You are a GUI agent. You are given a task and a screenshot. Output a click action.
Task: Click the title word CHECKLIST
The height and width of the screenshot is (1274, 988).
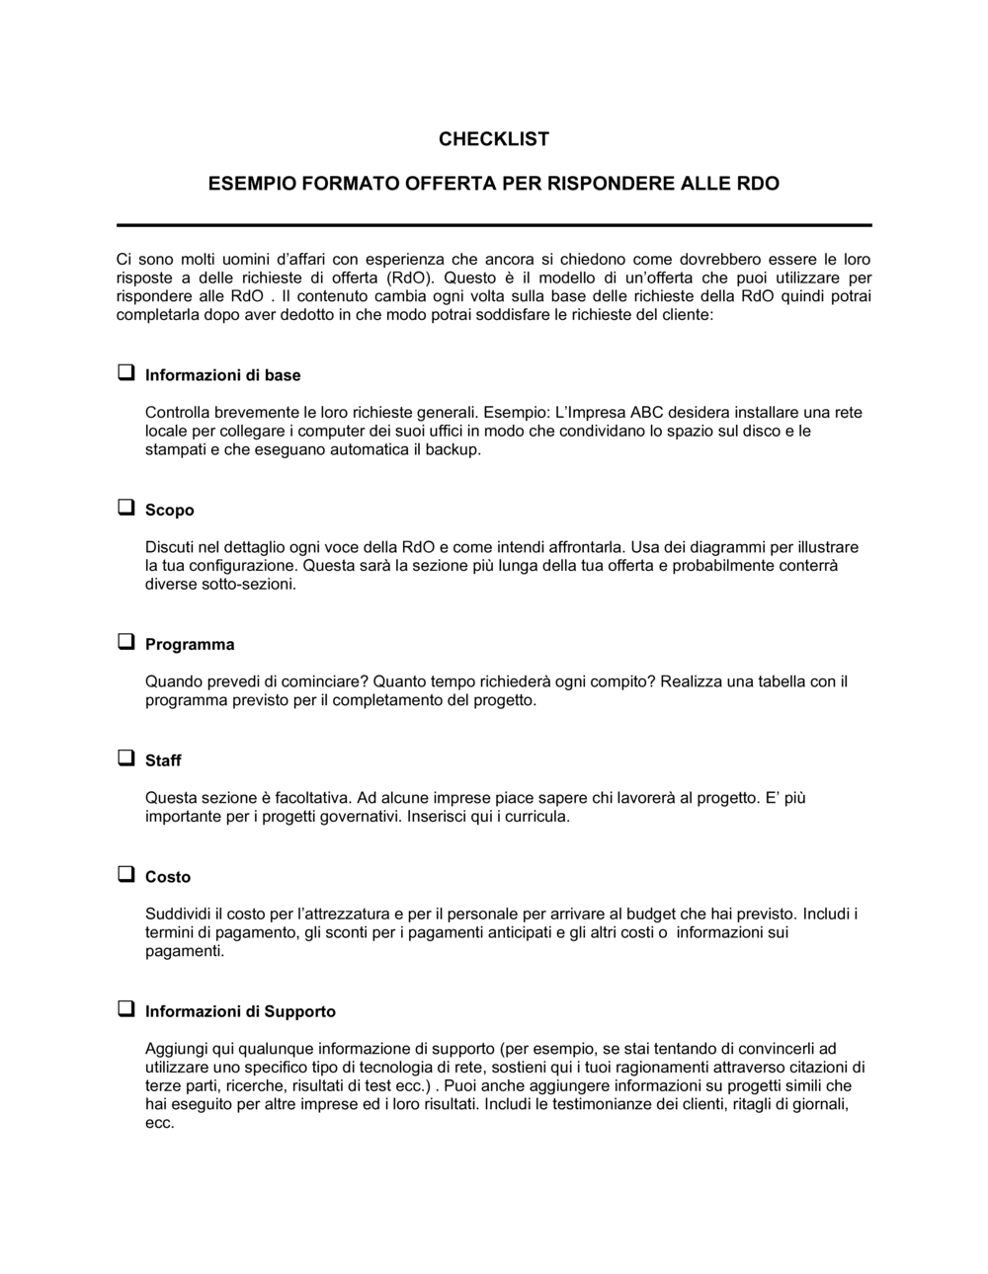(494, 139)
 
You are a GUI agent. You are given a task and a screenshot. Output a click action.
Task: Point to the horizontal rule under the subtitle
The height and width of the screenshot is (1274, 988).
(494, 225)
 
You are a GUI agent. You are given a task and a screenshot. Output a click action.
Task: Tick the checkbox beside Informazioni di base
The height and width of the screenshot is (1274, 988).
(126, 373)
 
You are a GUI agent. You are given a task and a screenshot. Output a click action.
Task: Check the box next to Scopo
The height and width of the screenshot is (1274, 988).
(126, 508)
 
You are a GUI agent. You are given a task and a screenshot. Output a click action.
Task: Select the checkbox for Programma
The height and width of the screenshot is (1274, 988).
(126, 642)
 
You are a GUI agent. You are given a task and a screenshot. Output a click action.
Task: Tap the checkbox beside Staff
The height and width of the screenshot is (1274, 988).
(126, 758)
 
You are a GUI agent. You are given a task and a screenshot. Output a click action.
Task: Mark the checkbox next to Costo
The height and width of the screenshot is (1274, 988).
(126, 874)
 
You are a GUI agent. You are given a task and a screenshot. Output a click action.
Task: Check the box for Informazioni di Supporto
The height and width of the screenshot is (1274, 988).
(126, 1009)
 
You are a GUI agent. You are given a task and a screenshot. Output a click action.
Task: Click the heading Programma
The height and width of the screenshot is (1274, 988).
(190, 645)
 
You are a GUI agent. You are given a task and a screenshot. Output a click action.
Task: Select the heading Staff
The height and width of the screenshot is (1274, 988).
(163, 760)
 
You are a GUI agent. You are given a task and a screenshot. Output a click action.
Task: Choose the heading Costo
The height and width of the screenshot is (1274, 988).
(168, 877)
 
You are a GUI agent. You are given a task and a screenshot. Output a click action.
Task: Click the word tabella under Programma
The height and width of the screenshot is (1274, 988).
(779, 682)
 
